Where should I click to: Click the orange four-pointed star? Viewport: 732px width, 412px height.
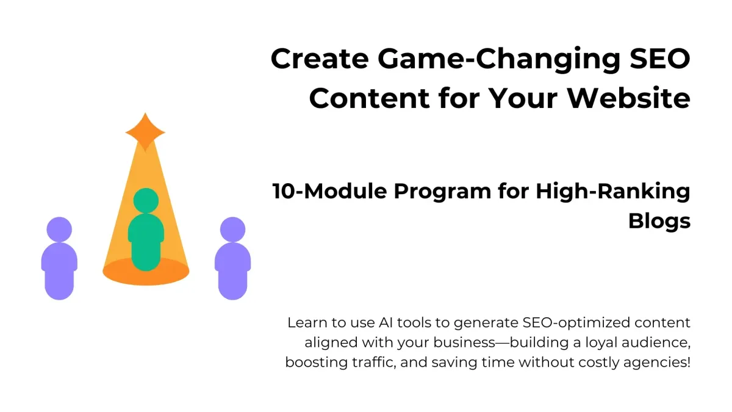pyautogui.click(x=145, y=132)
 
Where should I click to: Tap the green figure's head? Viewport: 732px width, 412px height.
pyautogui.click(x=146, y=200)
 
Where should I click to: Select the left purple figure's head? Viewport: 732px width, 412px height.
pyautogui.click(x=59, y=229)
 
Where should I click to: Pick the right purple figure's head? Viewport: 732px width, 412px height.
pyautogui.click(x=232, y=229)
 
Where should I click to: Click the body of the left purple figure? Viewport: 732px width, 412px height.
pyautogui.click(x=59, y=271)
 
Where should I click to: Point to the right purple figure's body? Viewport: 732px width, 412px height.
pyautogui.click(x=232, y=271)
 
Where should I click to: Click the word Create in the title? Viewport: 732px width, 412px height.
pyautogui.click(x=320, y=59)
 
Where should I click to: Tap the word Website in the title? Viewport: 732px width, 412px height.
pyautogui.click(x=629, y=98)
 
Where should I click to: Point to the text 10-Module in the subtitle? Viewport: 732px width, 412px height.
pyautogui.click(x=330, y=191)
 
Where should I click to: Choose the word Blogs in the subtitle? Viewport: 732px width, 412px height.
pyautogui.click(x=659, y=222)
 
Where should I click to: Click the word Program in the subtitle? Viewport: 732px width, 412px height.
pyautogui.click(x=442, y=192)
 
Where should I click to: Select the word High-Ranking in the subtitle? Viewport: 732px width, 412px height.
pyautogui.click(x=613, y=192)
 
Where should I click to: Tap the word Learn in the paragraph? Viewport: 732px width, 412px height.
pyautogui.click(x=307, y=323)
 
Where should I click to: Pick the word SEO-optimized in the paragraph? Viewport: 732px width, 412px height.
pyautogui.click(x=576, y=323)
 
